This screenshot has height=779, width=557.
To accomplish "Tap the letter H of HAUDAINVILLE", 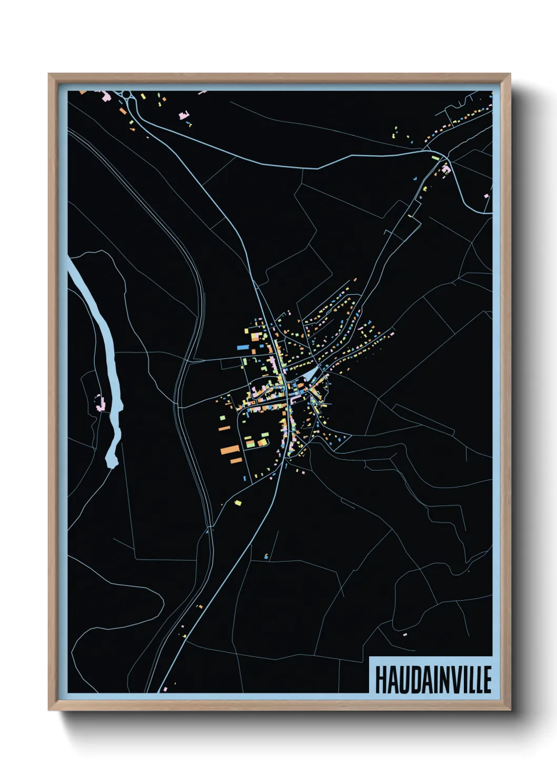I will pyautogui.click(x=381, y=680).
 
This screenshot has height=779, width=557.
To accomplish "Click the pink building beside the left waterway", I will pyautogui.click(x=100, y=403).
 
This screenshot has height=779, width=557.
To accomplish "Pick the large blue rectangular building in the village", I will pyautogui.click(x=242, y=347).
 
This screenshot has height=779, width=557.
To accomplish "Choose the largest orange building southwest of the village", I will pyautogui.click(x=231, y=450).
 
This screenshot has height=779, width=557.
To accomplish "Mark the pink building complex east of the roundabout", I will pyautogui.click(x=184, y=114).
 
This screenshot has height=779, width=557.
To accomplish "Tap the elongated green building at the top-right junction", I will pyautogui.click(x=435, y=157).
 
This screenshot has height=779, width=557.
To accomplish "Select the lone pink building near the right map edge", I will pyautogui.click(x=486, y=196).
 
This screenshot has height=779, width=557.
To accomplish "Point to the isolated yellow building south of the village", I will pyautogui.click(x=238, y=503).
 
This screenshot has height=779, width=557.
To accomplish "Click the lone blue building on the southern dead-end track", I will pyautogui.click(x=266, y=555).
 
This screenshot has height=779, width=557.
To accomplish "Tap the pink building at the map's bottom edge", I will pyautogui.click(x=165, y=688).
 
